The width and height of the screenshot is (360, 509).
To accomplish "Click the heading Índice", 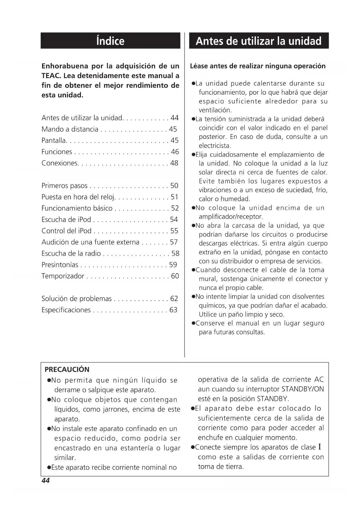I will [110, 41].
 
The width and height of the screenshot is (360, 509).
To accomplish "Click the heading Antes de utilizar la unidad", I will [258, 41].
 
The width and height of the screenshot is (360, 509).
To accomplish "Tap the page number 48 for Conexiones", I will [174, 163].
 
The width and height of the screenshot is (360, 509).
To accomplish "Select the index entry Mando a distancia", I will [70, 129].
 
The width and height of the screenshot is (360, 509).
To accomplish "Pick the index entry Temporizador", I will [63, 276].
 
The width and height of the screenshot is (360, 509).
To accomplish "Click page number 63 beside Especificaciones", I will [173, 310].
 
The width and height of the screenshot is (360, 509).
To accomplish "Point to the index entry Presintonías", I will [60, 265].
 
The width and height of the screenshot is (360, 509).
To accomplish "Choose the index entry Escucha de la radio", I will [71, 254].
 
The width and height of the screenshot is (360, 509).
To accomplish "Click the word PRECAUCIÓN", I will [67, 369].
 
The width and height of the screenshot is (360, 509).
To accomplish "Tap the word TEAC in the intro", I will [51, 76].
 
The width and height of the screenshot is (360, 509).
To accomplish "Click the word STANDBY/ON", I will [303, 389].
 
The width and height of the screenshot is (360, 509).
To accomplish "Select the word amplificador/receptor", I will [231, 217].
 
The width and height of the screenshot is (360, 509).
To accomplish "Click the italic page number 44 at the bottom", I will [46, 481].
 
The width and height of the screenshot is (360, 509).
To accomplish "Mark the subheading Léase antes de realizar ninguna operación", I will [258, 66].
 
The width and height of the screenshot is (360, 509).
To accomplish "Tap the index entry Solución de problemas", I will [76, 299].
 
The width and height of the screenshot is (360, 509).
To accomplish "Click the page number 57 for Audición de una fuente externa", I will [174, 242].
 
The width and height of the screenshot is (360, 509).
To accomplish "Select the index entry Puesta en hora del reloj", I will [78, 197].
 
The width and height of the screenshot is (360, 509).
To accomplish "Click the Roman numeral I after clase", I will [320, 447].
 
